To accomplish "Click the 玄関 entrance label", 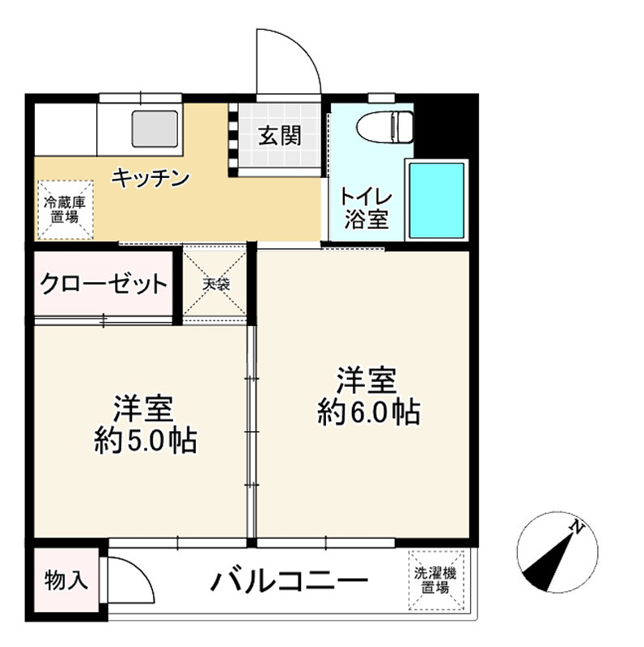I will pos(279,136).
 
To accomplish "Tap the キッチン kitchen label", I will pos(150,177).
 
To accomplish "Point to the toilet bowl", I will pos(384,126).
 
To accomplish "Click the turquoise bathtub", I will pos(437,200).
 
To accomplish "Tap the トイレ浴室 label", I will pos(366,209).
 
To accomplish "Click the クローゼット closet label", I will pos(104,284).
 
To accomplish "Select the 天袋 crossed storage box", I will pos(215,284).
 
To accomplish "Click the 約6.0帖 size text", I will pos(368,412).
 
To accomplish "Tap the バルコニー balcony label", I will pos(290,581).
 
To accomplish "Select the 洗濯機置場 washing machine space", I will pos(436,580).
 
